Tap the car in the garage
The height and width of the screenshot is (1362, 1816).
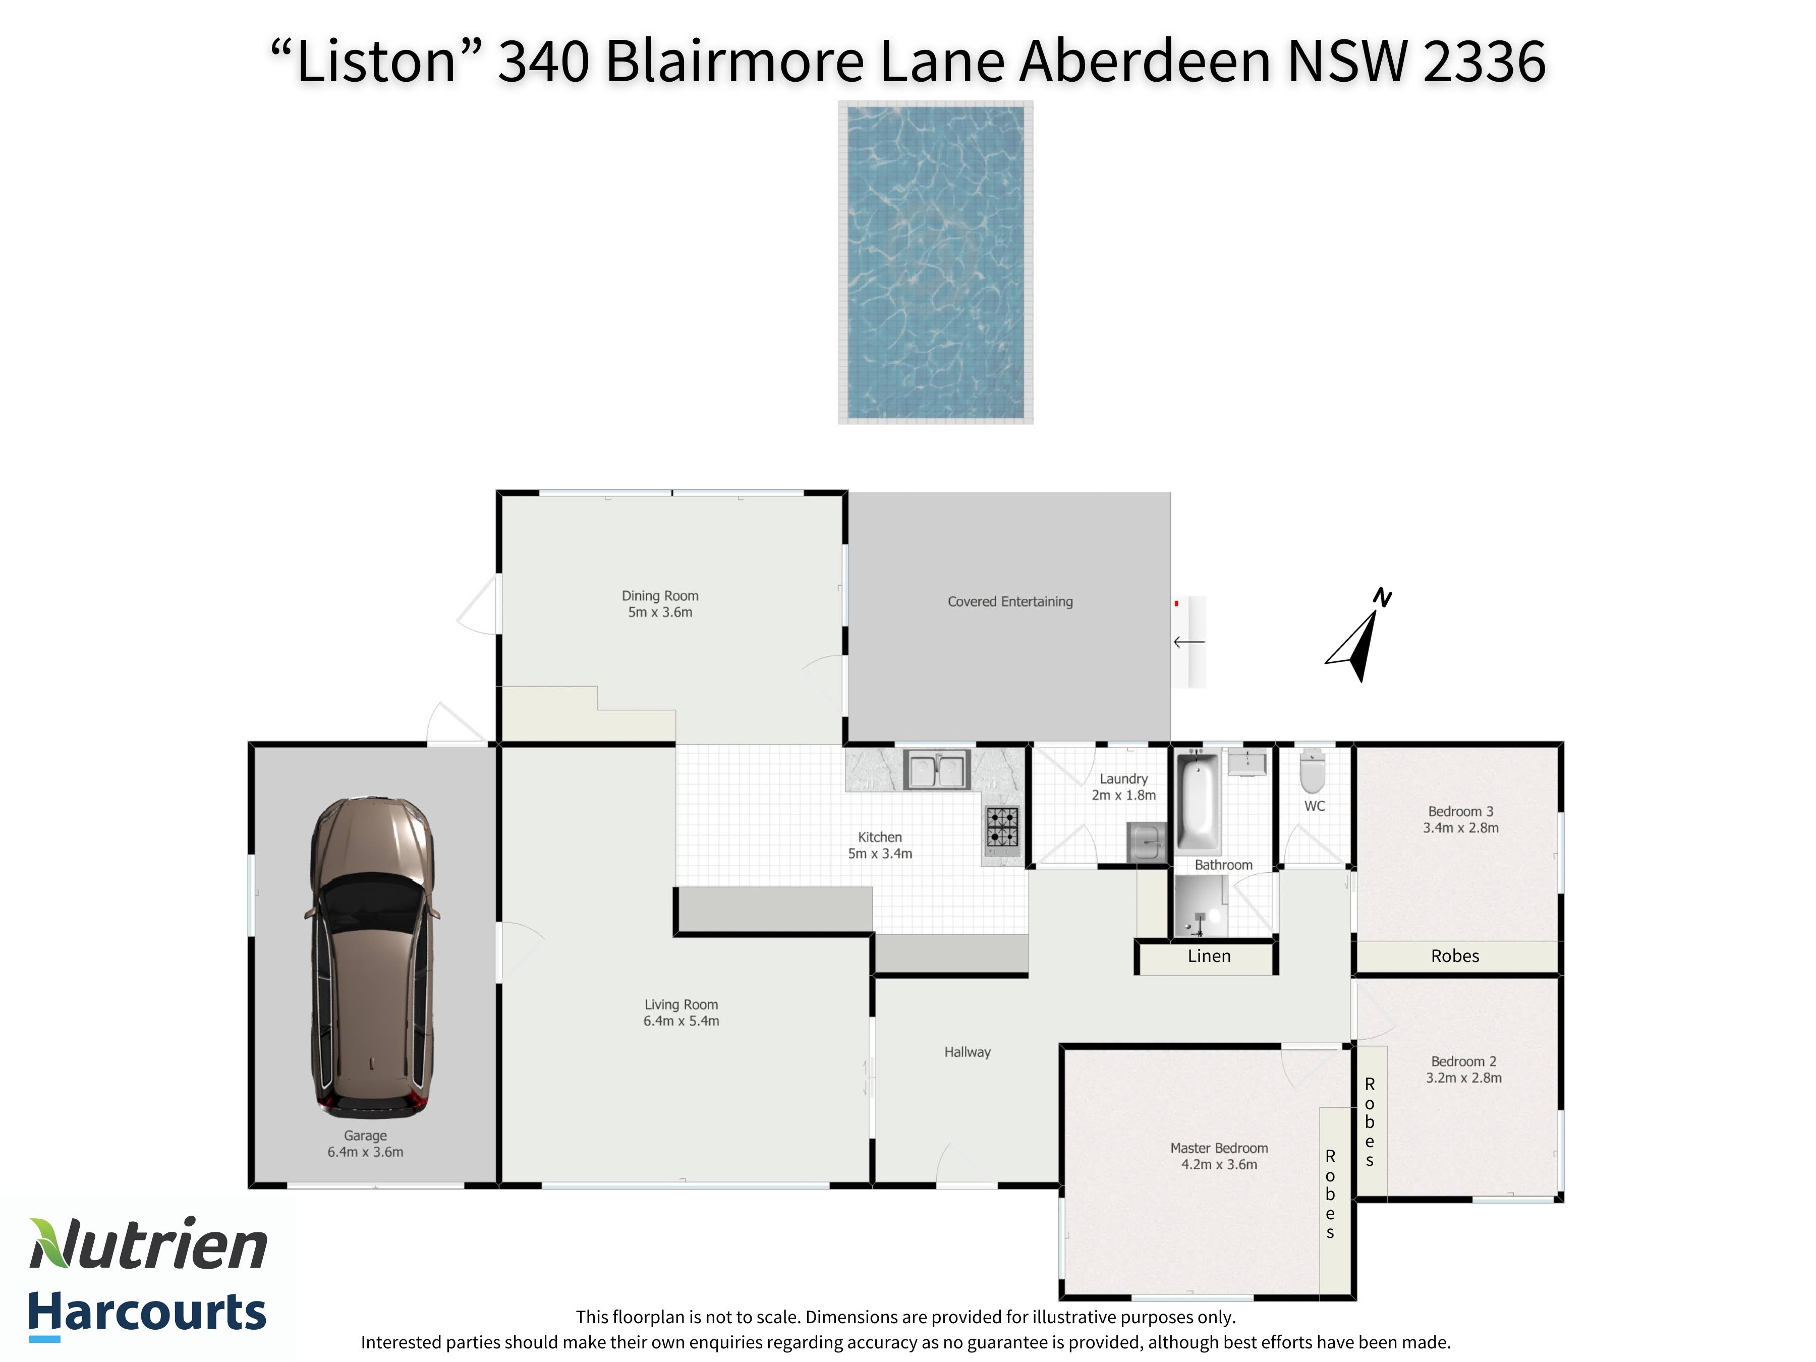click(x=371, y=956)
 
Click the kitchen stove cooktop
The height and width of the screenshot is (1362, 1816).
click(x=1002, y=827)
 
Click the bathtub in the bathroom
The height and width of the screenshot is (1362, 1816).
click(x=1198, y=801)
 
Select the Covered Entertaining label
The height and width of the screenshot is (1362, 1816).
click(x=1010, y=602)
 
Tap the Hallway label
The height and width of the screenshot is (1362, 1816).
click(x=967, y=1052)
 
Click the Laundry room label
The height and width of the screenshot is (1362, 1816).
click(x=1123, y=779)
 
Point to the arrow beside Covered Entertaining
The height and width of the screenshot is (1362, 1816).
click(x=1189, y=642)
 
